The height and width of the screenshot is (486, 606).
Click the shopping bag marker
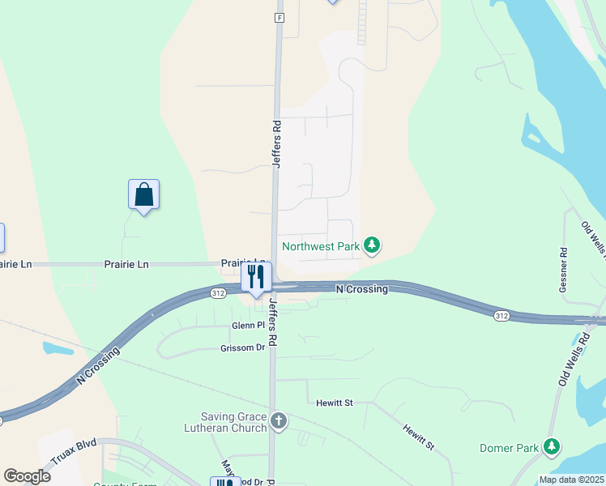[143, 195]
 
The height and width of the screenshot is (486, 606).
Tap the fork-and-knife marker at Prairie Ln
[255, 277]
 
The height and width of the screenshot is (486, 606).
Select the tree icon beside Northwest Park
[371, 245]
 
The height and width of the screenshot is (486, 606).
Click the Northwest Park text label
[319, 245]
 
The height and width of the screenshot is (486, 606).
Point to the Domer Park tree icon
[552, 446]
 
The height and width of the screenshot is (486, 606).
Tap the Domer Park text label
[509, 447]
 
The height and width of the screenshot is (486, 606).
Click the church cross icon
[278, 420]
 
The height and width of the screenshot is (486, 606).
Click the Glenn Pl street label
[249, 325]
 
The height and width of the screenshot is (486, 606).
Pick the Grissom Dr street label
[242, 347]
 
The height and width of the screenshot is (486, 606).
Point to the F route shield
[279, 17]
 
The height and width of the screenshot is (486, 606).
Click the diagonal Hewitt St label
[420, 434]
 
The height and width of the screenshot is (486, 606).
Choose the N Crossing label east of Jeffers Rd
[362, 288]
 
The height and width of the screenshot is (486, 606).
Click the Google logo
[28, 475]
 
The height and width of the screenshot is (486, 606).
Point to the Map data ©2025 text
[570, 480]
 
